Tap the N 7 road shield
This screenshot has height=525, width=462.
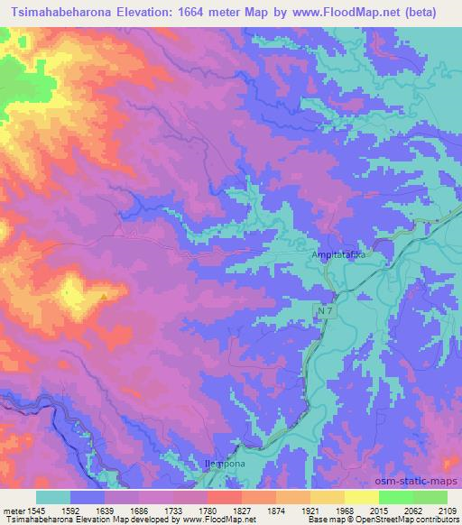click(x=326, y=311)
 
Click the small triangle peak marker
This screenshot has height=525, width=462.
click(x=106, y=295)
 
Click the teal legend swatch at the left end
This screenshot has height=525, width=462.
click(x=53, y=496)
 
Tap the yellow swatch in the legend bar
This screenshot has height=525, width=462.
click(x=361, y=496)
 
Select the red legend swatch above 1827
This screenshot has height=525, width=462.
click(x=224, y=496)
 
